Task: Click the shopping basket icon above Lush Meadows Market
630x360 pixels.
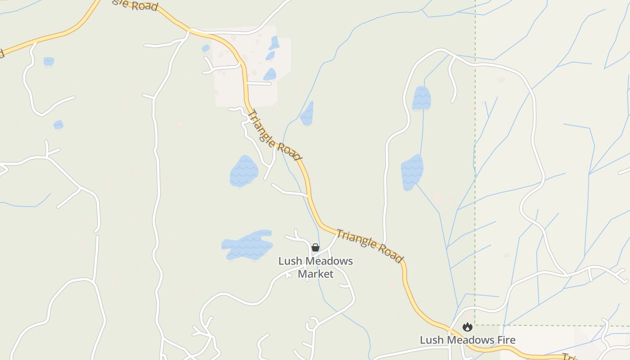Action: pos(315,247)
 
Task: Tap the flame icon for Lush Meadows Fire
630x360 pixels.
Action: pos(468,327)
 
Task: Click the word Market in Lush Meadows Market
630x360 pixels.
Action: pos(315,274)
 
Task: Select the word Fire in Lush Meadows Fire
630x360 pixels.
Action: pos(504,340)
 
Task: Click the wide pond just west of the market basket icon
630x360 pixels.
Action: pos(247,245)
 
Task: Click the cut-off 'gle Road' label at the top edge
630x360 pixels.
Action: pos(135,4)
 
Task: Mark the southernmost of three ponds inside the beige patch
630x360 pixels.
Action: pos(270,74)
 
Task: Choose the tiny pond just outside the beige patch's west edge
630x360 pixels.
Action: pos(206,48)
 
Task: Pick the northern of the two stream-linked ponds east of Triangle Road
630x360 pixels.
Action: pos(421,98)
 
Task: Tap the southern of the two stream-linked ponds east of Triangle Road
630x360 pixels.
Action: pos(412,172)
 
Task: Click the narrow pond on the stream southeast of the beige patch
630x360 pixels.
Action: pos(307,114)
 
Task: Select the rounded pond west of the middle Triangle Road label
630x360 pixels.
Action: pos(244,171)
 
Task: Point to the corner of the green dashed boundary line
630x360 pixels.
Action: pos(475,325)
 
